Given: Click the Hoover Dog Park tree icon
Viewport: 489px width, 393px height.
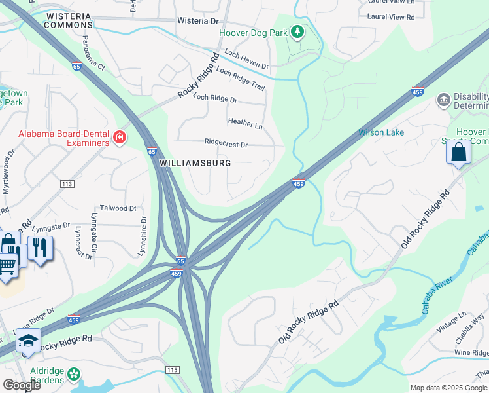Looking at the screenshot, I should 297,31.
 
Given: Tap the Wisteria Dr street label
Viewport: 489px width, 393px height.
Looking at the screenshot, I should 197,21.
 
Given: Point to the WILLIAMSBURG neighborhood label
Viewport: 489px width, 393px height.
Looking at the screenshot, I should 195,162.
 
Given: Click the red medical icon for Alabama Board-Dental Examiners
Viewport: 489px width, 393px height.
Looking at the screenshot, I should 119,137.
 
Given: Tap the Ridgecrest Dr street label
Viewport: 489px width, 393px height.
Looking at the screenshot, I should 226,143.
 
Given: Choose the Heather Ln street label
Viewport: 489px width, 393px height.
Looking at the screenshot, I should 244,122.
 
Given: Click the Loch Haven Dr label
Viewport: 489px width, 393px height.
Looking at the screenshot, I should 246,60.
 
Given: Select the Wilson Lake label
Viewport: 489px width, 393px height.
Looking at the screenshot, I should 381,132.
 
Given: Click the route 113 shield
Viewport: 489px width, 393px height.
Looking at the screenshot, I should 66,184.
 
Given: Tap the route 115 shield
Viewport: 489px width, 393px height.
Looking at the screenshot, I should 172,371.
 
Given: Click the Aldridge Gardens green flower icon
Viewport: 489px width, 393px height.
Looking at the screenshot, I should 74,375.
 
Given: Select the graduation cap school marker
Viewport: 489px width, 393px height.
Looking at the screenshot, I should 29,341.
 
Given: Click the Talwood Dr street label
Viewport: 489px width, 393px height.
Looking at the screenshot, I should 118,208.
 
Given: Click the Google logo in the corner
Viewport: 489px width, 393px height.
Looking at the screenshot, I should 22,384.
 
